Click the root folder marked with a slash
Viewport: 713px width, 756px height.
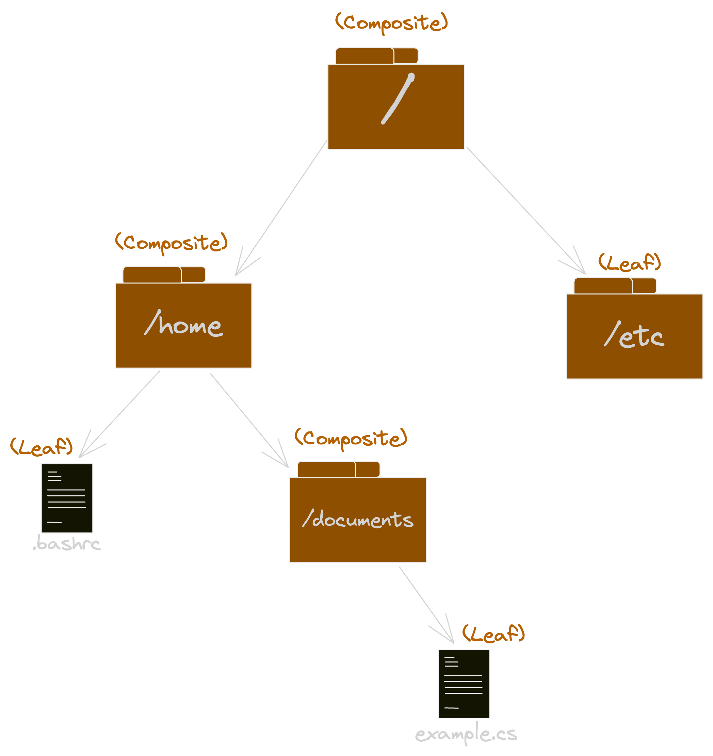[396, 106]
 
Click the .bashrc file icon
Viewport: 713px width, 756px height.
[67, 498]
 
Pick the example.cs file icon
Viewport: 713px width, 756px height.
[464, 684]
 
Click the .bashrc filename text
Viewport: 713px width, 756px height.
[67, 544]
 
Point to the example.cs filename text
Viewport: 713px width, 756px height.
[466, 734]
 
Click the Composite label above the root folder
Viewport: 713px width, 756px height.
[391, 23]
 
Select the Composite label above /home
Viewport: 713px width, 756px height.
[171, 243]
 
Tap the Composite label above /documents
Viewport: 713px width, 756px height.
[351, 439]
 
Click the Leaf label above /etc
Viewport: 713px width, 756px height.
[629, 263]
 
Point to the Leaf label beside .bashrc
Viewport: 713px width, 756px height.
[42, 447]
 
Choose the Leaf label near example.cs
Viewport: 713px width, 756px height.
[493, 634]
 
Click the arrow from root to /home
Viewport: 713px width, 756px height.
[281, 207]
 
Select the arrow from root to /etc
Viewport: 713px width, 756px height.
[525, 209]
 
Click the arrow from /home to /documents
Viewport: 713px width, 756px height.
[249, 420]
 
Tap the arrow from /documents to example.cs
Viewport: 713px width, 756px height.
[426, 605]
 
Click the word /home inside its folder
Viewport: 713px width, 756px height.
[183, 325]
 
